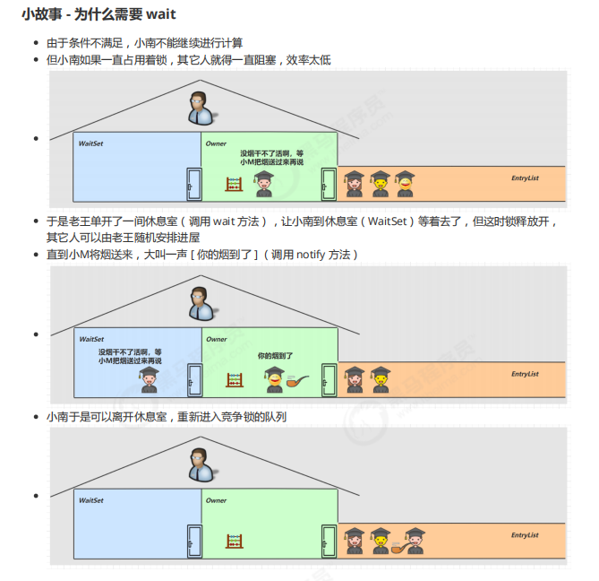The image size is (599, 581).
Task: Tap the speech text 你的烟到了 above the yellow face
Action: click(x=275, y=356)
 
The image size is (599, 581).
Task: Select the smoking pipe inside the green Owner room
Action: click(x=297, y=379)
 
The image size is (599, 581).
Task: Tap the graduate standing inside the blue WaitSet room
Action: click(x=149, y=379)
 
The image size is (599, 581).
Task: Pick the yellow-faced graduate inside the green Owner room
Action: click(x=273, y=379)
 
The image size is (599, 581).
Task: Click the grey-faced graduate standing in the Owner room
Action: click(x=263, y=184)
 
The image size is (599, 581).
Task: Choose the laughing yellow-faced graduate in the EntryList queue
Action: click(x=406, y=182)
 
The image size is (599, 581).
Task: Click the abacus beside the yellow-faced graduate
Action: click(x=235, y=380)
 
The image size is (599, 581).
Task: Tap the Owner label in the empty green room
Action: click(x=216, y=500)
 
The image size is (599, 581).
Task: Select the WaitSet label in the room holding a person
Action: click(x=91, y=339)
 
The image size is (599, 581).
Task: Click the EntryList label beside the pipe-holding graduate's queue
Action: click(x=525, y=535)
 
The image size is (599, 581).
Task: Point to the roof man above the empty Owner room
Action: click(x=200, y=465)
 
